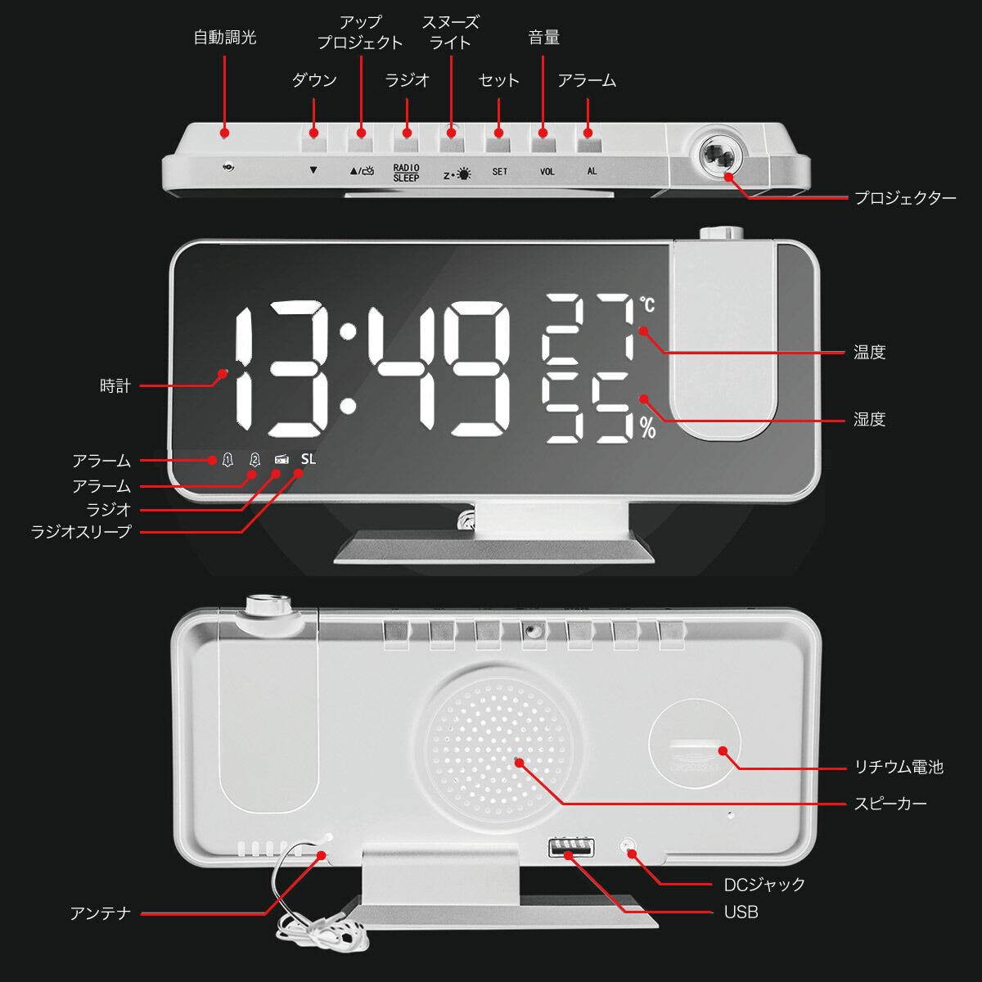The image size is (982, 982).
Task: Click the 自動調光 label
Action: pos(225,38)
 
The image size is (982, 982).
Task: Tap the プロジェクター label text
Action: pos(905,198)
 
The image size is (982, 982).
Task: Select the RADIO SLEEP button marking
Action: pos(406,172)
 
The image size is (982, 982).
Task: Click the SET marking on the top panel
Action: pos(499,172)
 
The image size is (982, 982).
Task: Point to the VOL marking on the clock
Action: pos(547,172)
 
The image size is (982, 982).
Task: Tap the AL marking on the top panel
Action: pos(592,172)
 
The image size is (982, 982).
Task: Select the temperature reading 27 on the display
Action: pos(588,327)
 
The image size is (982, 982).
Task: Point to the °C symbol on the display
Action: pos(648,305)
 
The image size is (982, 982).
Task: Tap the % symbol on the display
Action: pos(648,428)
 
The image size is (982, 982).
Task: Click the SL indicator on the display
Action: pos(308,459)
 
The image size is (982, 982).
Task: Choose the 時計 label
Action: pos(115,386)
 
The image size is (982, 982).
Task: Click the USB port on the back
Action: pos(571,848)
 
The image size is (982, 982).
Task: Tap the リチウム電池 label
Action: pos(899,767)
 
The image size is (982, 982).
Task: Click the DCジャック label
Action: pos(764,885)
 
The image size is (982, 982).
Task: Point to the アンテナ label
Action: pos(101,913)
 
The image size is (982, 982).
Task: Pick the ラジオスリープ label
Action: pos(81,532)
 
